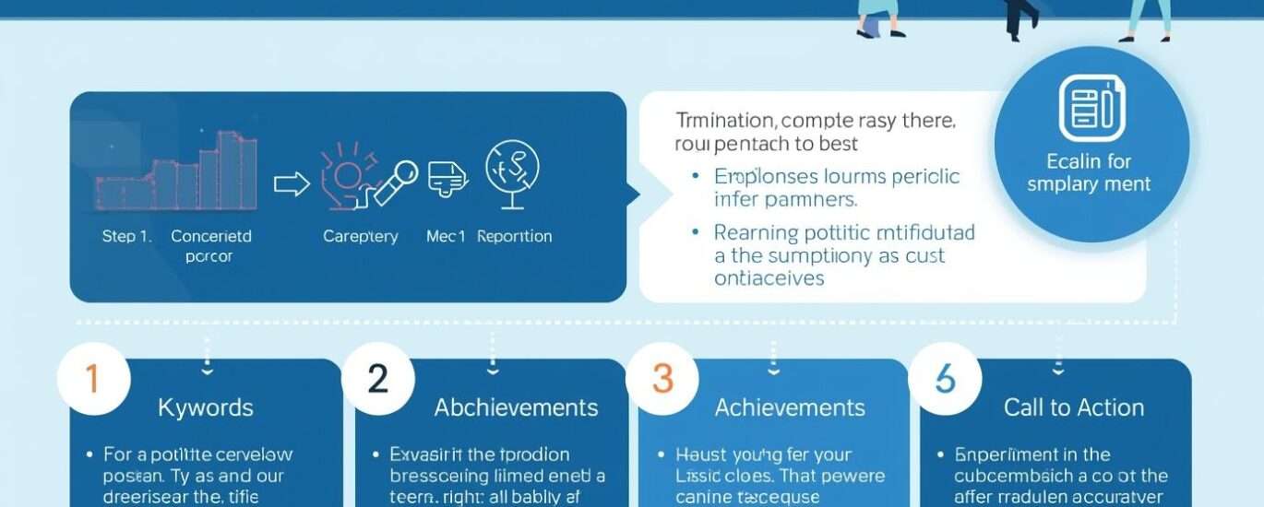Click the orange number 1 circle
pyautogui.click(x=91, y=379)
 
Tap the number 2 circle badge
pyautogui.click(x=376, y=379)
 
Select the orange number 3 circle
pyautogui.click(x=662, y=379)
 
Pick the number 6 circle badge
pyautogui.click(x=945, y=379)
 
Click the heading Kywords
pyautogui.click(x=205, y=407)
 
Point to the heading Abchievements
pyautogui.click(x=516, y=407)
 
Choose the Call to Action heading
pyautogui.click(x=1074, y=407)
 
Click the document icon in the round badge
pyautogui.click(x=1091, y=109)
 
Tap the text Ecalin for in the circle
pyautogui.click(x=1090, y=162)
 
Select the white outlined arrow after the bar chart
pyautogui.click(x=292, y=183)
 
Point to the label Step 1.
pyautogui.click(x=125, y=236)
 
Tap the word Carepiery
pyautogui.click(x=360, y=236)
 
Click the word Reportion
pyautogui.click(x=514, y=236)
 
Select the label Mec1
pyautogui.click(x=446, y=236)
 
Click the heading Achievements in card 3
pyautogui.click(x=790, y=407)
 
